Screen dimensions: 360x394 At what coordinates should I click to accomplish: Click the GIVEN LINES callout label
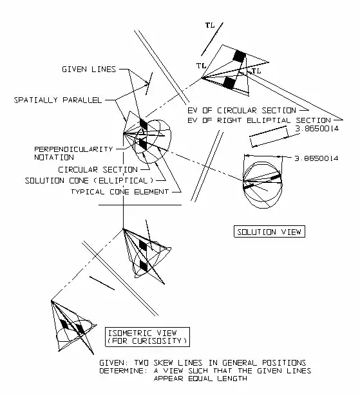[x=89, y=69]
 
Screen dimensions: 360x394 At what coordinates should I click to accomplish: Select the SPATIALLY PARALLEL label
[x=58, y=100]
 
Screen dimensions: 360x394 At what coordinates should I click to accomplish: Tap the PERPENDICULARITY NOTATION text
[x=73, y=153]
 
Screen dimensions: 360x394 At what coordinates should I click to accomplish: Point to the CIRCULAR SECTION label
[x=98, y=169]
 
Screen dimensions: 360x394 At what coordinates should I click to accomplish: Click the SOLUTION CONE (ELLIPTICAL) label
[x=89, y=181]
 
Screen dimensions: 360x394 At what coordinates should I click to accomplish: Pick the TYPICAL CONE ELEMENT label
[x=120, y=192]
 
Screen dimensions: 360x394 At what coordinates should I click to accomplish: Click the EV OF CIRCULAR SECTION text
[x=242, y=111]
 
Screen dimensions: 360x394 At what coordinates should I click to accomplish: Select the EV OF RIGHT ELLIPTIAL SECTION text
[x=259, y=120]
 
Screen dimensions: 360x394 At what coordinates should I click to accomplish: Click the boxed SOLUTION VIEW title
[x=269, y=232]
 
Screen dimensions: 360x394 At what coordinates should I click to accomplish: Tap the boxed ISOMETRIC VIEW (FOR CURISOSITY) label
[x=147, y=337]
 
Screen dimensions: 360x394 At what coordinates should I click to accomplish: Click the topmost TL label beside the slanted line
[x=210, y=25]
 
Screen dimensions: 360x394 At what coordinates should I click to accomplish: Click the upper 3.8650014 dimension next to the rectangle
[x=317, y=129]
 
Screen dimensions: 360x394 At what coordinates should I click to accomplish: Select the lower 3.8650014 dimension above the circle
[x=316, y=158]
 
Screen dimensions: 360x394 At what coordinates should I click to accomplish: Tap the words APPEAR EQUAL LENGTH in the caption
[x=200, y=379]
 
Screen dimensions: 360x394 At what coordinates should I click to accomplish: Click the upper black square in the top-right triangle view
[x=239, y=56]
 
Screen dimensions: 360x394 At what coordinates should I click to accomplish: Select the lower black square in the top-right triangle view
[x=229, y=83]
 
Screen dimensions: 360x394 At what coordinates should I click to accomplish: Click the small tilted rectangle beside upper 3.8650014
[x=269, y=136]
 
